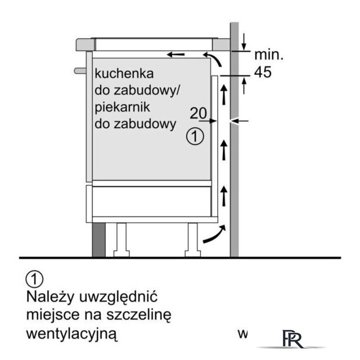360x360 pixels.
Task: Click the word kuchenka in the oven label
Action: (x=124, y=74)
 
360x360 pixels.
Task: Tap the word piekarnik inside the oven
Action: (x=123, y=107)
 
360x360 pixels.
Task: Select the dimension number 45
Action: (x=263, y=72)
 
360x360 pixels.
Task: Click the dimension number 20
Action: (x=199, y=113)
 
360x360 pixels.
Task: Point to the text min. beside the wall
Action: (x=269, y=55)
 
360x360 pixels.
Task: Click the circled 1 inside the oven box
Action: (x=195, y=136)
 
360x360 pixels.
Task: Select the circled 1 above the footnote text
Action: (x=34, y=279)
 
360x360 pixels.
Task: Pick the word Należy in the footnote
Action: (x=50, y=296)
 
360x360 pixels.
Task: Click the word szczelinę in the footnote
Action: (x=139, y=315)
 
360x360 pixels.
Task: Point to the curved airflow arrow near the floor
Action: (x=214, y=234)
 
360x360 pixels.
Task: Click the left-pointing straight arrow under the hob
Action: (x=175, y=55)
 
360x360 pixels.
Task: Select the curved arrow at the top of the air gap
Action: (x=213, y=59)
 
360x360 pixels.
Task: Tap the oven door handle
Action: (x=80, y=71)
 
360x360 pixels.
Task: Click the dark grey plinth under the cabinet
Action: (x=99, y=240)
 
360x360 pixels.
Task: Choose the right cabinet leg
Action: (x=193, y=240)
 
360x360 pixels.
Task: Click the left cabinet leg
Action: (x=121, y=240)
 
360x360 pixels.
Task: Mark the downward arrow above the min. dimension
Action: (x=244, y=42)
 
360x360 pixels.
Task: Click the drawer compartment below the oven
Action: (x=151, y=201)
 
